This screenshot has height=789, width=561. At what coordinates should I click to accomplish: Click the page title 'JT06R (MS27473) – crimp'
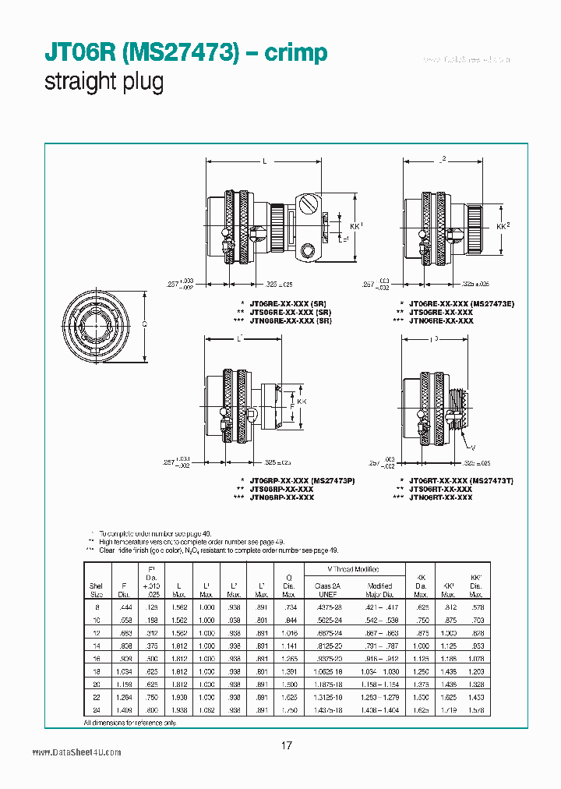pyautogui.click(x=185, y=53)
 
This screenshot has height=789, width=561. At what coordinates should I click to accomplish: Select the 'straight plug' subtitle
pyautogui.click(x=104, y=83)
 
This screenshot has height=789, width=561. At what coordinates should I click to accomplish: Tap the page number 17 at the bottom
pyautogui.click(x=286, y=746)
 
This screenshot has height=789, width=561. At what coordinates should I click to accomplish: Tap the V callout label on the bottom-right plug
pyautogui.click(x=471, y=447)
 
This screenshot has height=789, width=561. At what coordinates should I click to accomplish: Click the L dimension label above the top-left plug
pyautogui.click(x=265, y=161)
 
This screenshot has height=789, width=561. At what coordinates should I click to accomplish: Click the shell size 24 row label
pyautogui.click(x=97, y=710)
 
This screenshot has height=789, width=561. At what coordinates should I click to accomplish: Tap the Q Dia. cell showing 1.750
pyautogui.click(x=289, y=710)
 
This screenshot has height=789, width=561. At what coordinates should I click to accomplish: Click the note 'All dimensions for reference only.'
pyautogui.click(x=130, y=723)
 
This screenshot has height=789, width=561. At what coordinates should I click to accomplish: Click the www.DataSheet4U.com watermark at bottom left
pyautogui.click(x=76, y=752)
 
